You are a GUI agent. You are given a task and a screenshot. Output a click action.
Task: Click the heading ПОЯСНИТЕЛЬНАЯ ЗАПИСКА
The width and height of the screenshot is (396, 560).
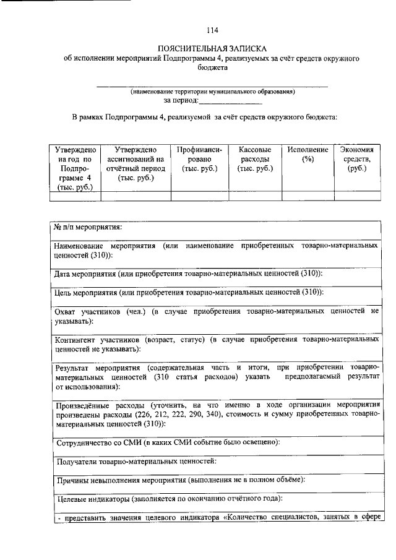212,48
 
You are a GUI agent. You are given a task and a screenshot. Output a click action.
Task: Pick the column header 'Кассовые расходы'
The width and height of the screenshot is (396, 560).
251,159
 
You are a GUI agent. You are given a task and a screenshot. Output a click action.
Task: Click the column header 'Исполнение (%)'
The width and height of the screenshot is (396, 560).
304,154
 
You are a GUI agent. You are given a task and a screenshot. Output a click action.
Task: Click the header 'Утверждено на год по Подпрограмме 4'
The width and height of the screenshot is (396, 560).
75,168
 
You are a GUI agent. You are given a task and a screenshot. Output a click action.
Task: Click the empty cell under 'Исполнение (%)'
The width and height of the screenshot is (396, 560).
304,196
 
